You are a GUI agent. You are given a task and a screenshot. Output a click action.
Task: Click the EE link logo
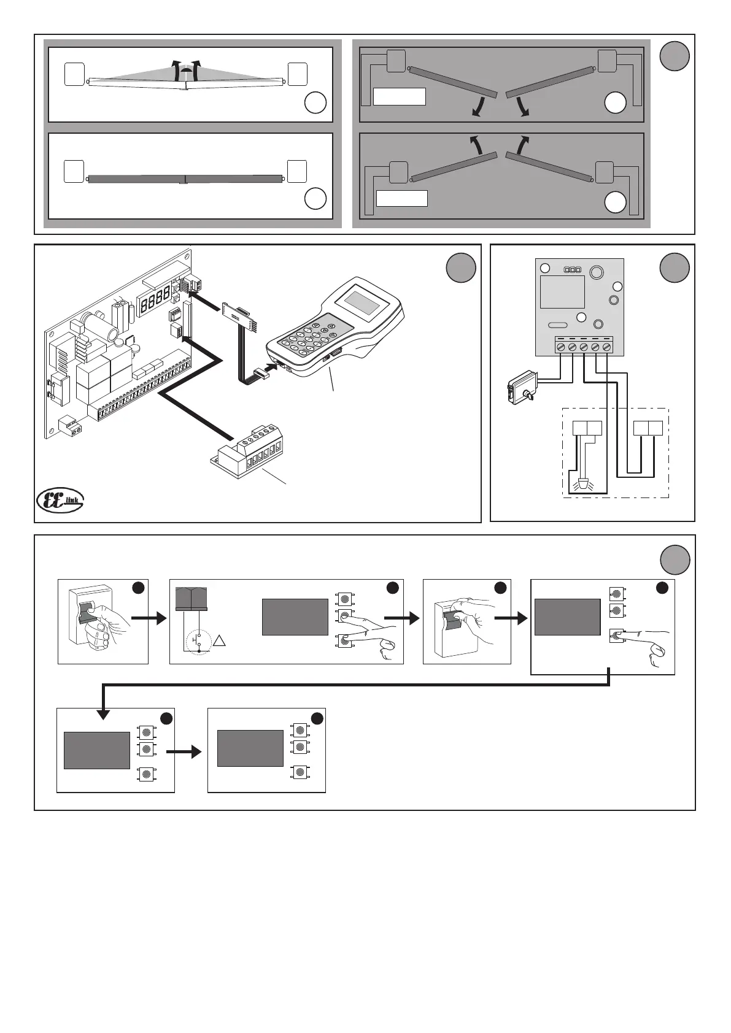tap(60, 499)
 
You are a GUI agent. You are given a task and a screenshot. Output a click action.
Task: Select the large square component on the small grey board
tap(562, 291)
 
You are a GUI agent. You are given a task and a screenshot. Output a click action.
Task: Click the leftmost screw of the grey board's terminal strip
tap(560, 348)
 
